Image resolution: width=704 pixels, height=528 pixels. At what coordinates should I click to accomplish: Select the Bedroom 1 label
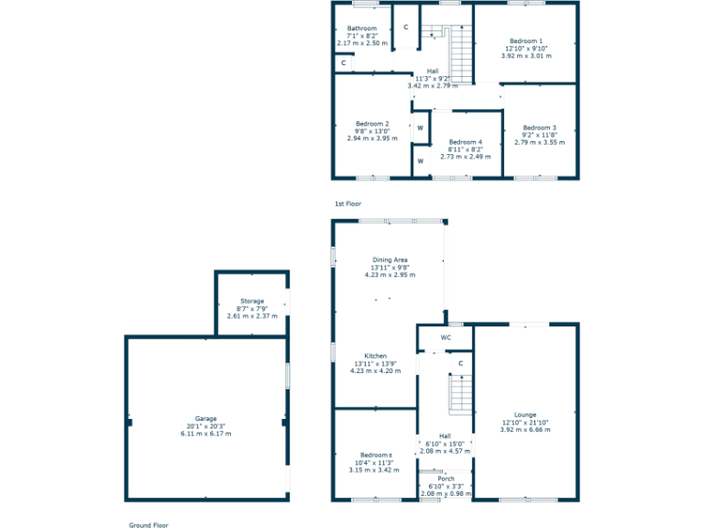[526, 41]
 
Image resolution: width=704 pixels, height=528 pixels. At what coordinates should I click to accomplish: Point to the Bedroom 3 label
[540, 127]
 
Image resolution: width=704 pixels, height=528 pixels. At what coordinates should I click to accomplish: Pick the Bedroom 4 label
[466, 142]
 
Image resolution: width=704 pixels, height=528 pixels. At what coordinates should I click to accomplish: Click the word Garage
[205, 419]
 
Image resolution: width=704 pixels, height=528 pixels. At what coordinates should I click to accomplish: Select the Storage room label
[252, 301]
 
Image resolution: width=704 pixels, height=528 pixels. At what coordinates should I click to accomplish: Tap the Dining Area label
[390, 259]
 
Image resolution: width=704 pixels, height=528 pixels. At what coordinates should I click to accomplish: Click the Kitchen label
[376, 356]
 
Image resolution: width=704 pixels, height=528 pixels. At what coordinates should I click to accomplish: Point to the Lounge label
[525, 414]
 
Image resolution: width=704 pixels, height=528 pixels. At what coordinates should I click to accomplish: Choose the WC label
[445, 337]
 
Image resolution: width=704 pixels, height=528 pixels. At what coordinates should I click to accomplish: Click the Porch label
[445, 478]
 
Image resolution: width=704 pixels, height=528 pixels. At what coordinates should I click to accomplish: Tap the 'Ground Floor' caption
[148, 524]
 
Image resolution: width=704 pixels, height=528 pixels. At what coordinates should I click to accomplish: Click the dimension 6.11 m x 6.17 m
[205, 434]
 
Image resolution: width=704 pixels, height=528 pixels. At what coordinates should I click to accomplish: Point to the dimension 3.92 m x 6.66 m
[525, 429]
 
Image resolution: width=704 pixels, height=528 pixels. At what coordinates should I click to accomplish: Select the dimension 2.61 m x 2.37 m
[252, 315]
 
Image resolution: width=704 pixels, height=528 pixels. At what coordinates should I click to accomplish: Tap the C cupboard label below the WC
[461, 363]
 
